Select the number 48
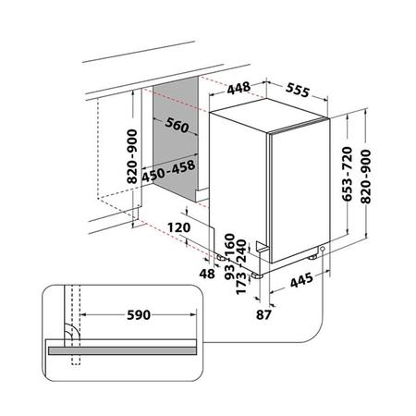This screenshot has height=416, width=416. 207,275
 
